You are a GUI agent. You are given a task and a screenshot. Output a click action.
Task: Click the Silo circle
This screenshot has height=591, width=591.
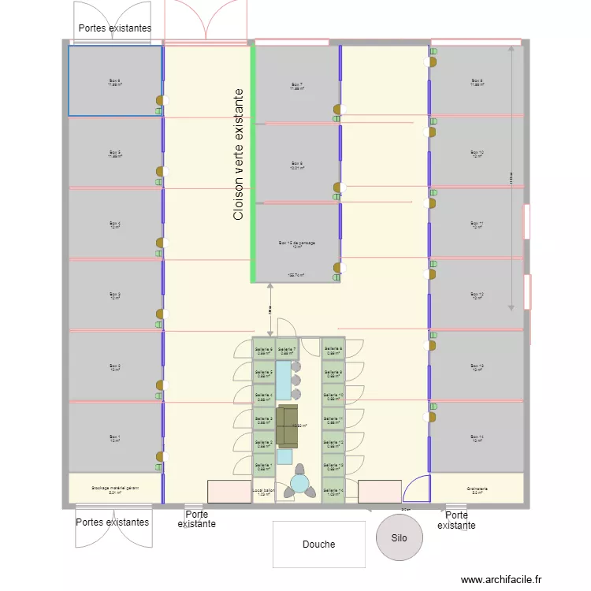[x=400, y=537]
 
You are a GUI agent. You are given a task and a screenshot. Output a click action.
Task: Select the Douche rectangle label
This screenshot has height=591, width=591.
[x=318, y=544]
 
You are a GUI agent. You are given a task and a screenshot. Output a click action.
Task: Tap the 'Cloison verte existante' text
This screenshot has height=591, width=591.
[x=239, y=154]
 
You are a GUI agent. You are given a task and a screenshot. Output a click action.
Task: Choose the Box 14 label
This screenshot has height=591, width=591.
[x=477, y=438]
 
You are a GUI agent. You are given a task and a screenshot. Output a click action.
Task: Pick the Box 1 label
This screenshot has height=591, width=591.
[x=115, y=438]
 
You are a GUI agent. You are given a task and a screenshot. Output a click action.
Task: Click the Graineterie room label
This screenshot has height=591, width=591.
[x=477, y=489]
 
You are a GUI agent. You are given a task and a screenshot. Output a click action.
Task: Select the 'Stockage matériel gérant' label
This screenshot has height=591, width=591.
[x=115, y=489]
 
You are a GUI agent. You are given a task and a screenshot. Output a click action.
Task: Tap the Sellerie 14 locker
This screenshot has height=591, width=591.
[x=334, y=491]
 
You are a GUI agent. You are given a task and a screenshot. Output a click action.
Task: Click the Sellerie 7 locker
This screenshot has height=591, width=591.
[x=287, y=350]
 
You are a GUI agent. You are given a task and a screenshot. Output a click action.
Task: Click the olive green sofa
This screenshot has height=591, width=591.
[x=287, y=426]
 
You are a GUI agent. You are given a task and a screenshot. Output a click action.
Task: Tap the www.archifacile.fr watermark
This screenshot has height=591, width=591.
[x=502, y=580]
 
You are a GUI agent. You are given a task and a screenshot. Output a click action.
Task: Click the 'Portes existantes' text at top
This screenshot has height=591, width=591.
[x=114, y=28]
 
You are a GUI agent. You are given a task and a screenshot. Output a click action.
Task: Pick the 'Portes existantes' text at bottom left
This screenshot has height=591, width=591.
[x=112, y=522]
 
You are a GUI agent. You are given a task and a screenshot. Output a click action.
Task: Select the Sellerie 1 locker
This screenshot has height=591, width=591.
[x=264, y=466]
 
